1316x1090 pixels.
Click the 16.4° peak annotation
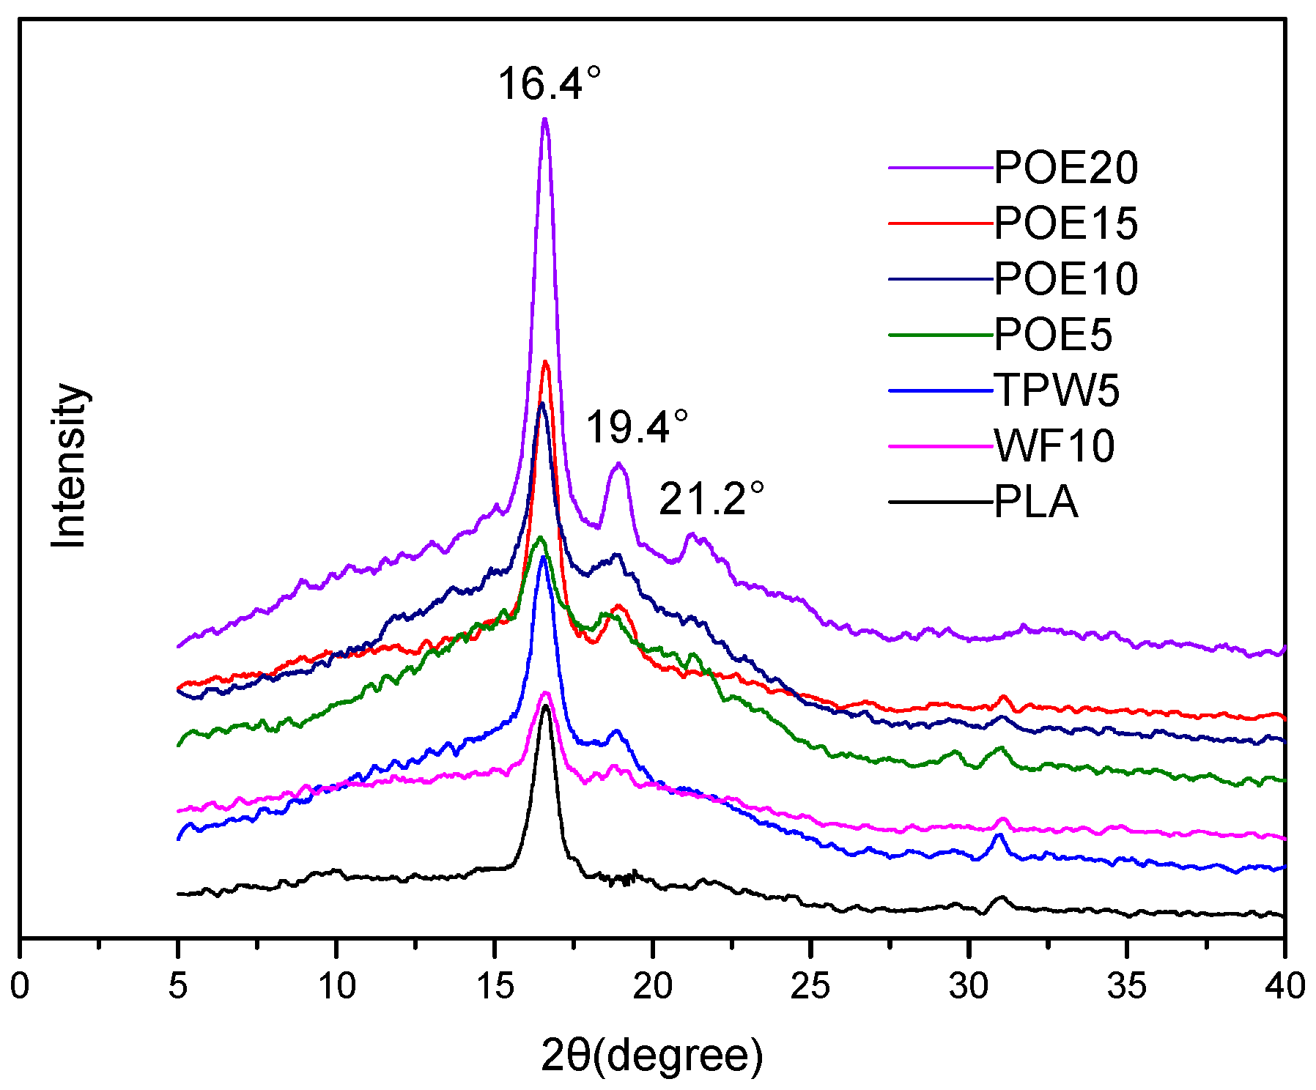549,83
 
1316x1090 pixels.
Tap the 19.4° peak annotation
637,427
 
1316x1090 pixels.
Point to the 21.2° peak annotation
711,500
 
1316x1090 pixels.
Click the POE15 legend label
1065,223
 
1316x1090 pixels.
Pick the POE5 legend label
1052,335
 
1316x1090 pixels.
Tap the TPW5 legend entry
1056,390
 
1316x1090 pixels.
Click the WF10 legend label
1054,445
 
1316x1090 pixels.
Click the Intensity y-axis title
69,465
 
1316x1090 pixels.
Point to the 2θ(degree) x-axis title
651,1056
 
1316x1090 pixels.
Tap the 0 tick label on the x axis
20,986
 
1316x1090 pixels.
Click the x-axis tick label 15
495,986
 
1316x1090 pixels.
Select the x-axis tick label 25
810,986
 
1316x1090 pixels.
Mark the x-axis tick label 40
1284,986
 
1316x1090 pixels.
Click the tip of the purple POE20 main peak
544,119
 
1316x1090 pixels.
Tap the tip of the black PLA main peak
545,706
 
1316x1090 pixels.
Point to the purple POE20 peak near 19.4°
619,464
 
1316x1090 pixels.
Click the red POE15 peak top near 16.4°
545,362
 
